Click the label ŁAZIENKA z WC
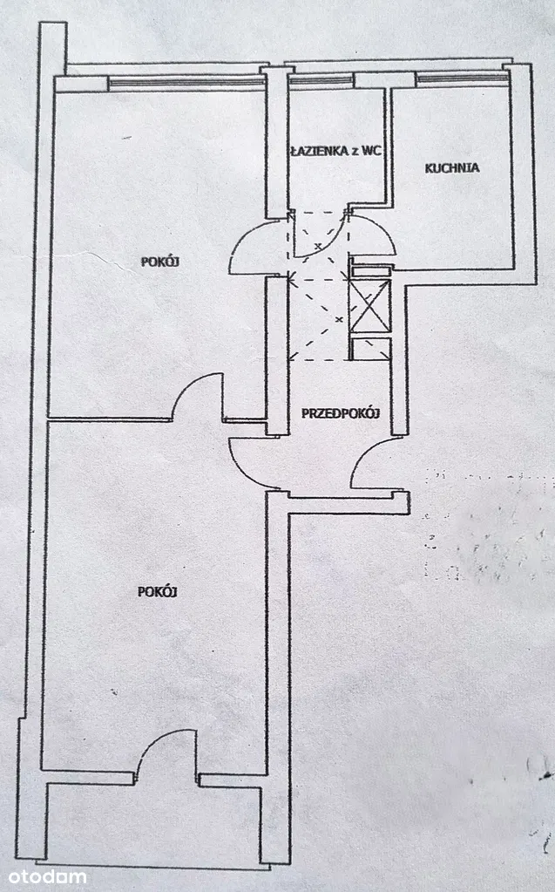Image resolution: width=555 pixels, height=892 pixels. [335, 151]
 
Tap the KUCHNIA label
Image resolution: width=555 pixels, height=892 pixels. [452, 168]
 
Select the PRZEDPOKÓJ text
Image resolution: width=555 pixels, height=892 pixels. [340, 413]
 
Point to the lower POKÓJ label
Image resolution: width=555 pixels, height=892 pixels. [158, 592]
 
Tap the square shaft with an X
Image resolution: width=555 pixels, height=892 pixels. [369, 309]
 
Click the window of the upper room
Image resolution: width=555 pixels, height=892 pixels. [186, 83]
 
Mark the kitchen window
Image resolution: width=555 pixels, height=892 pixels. [462, 79]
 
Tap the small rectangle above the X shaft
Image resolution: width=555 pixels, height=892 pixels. [370, 269]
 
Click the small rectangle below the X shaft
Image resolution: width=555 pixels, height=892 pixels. [370, 349]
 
